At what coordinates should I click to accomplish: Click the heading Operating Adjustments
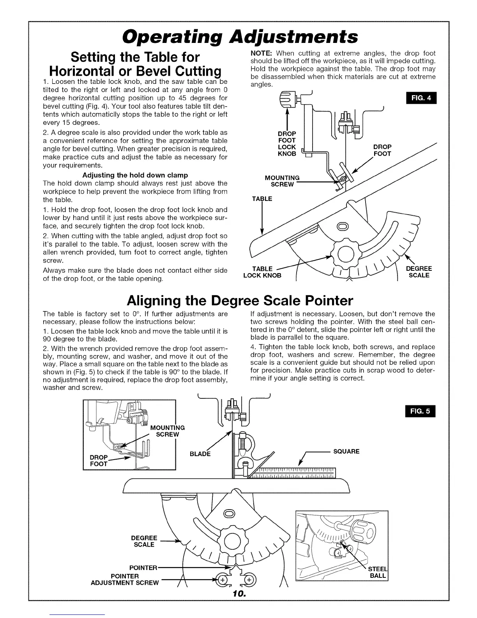[x=239, y=36]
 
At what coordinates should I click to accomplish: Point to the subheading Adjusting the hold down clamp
[x=135, y=175]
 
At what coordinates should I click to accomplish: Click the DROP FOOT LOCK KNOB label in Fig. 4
[x=287, y=144]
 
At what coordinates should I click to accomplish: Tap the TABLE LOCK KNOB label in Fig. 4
[x=262, y=272]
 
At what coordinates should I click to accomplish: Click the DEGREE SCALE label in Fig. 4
[x=419, y=272]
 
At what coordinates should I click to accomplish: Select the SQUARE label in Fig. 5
[x=346, y=451]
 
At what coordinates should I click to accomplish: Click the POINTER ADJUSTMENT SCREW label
[x=125, y=579]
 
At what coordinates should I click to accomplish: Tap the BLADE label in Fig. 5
[x=200, y=454]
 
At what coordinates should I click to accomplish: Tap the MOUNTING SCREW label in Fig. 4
[x=282, y=181]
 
